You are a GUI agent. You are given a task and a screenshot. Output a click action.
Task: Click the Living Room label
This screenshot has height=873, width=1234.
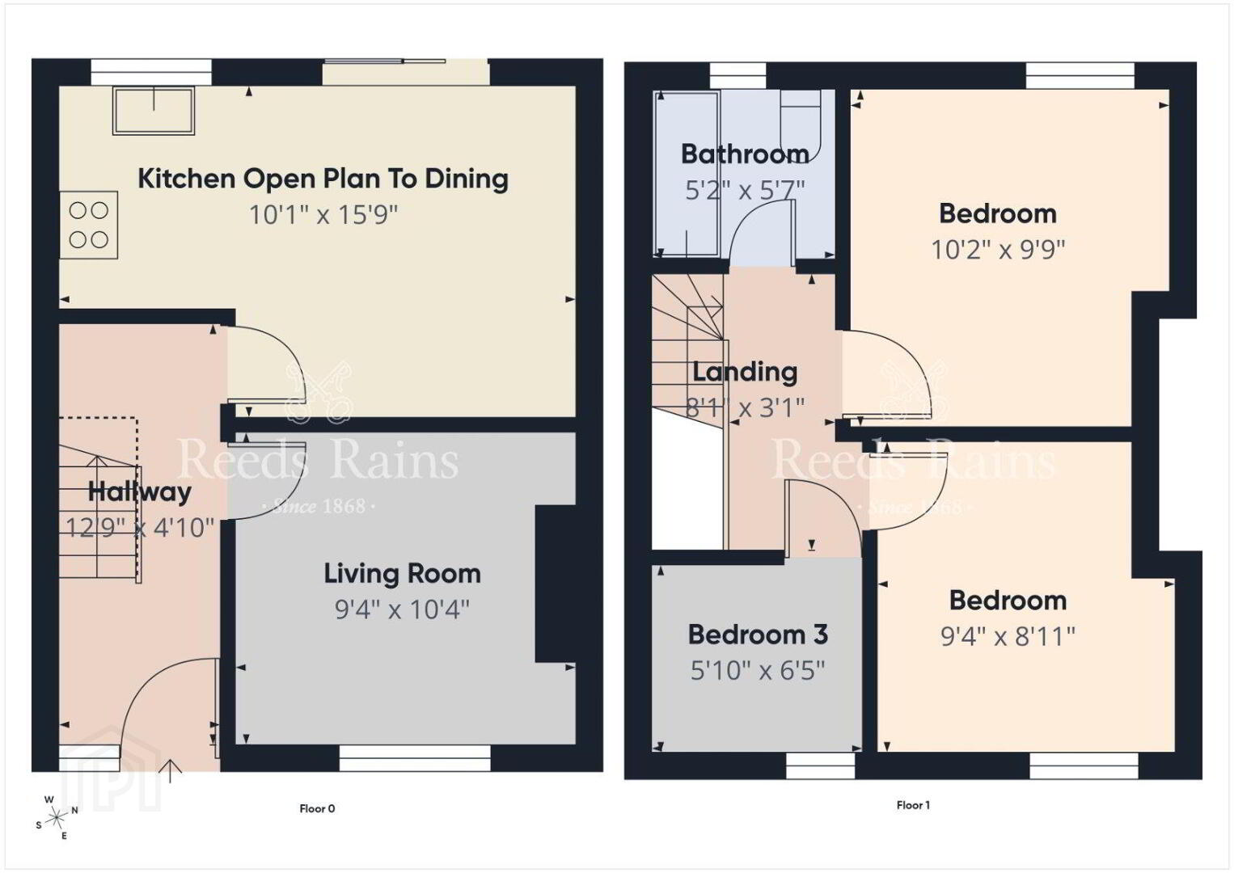pos(402,574)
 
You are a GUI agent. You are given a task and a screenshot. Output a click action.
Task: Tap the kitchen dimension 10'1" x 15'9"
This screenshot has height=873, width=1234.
pos(323,214)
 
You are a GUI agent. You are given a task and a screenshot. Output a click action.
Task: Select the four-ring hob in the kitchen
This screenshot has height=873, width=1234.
pos(89,226)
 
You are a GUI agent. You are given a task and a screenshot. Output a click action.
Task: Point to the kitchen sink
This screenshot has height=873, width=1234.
pos(154,111)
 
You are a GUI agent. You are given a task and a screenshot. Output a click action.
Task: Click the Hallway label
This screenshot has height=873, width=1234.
pos(139,491)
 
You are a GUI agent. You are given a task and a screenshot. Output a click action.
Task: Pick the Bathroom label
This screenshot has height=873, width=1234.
pos(745,154)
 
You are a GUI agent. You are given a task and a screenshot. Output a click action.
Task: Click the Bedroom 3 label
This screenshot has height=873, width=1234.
pos(758,635)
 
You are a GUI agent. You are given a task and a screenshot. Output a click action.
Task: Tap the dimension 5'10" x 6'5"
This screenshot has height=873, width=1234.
pos(758,671)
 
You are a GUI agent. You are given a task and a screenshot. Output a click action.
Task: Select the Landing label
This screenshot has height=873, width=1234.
pos(745,373)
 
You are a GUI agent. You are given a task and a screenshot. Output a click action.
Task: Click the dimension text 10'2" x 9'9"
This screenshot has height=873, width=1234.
pos(998,250)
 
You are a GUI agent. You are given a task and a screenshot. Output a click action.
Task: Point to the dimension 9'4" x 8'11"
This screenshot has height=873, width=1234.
pos(1008,637)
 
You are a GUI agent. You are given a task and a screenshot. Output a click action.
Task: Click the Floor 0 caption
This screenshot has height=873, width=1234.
pos(317,808)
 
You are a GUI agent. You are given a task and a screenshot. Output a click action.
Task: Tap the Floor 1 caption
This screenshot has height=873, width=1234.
pos(913,805)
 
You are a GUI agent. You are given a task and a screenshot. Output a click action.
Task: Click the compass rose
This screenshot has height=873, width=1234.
pos(56,818)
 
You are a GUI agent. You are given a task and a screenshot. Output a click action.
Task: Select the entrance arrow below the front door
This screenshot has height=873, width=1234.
pos(171,771)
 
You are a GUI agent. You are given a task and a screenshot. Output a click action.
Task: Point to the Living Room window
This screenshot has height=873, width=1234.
pos(414,758)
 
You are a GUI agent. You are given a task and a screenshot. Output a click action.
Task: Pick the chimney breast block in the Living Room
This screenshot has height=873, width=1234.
pos(556,584)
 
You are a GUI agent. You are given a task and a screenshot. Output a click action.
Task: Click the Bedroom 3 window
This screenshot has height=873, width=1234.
pos(820,765)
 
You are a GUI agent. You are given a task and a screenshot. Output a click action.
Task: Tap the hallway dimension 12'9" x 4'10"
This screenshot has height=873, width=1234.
pos(139,528)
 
